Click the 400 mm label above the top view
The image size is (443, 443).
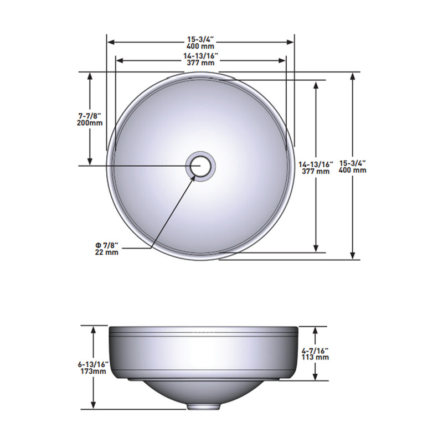click(x=200, y=46)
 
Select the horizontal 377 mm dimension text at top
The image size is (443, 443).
click(x=200, y=63)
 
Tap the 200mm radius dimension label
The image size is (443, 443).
click(x=90, y=123)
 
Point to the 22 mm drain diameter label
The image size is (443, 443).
click(x=106, y=252)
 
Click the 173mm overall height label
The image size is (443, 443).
click(x=92, y=371)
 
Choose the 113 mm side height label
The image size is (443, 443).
click(x=316, y=357)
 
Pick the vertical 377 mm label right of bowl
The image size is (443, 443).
click(x=316, y=171)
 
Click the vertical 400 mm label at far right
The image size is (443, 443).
click(x=353, y=170)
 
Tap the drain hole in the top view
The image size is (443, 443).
click(x=200, y=166)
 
